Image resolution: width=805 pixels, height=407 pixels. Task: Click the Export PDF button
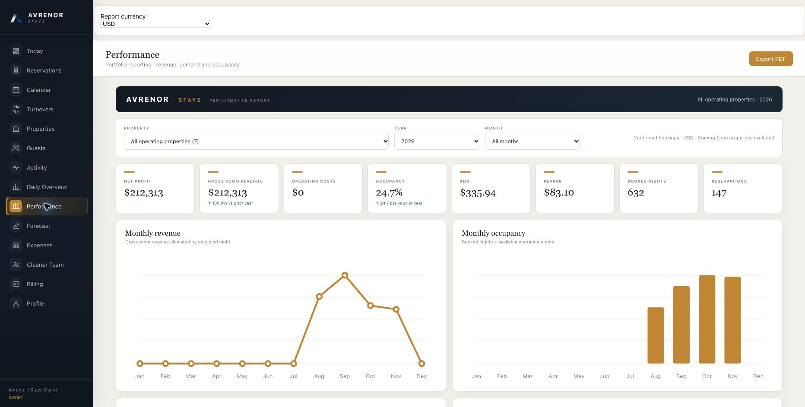pos(771,59)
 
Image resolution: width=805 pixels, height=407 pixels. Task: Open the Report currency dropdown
pos(155,24)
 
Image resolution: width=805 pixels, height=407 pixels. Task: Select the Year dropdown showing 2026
pos(437,141)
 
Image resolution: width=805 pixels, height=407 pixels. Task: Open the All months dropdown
pos(532,141)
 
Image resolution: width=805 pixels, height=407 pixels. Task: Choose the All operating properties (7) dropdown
pos(256,141)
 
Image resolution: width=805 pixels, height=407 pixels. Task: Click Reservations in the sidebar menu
pos(44,70)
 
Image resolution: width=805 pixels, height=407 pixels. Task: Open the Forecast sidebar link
pos(38,226)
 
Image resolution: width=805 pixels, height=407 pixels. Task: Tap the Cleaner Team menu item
pos(45,265)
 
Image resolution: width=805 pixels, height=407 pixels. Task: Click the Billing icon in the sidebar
pos(16,284)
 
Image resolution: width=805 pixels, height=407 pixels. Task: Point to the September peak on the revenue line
pos(345,275)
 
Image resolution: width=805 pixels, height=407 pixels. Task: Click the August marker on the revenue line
pos(319,297)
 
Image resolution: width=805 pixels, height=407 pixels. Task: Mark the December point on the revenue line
pos(422,363)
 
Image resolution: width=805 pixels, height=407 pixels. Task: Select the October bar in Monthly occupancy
pos(707,319)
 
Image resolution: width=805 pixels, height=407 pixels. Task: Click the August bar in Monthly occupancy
pos(656,335)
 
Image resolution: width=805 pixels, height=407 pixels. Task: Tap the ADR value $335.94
pos(478,193)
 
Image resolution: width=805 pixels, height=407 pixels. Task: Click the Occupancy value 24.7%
pos(389,192)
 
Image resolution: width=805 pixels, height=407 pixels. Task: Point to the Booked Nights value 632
pos(636,192)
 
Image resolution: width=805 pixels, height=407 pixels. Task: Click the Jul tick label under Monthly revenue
pos(294,376)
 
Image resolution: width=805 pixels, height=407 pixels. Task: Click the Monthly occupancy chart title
pos(494,233)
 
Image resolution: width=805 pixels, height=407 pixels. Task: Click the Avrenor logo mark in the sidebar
pos(16,18)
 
